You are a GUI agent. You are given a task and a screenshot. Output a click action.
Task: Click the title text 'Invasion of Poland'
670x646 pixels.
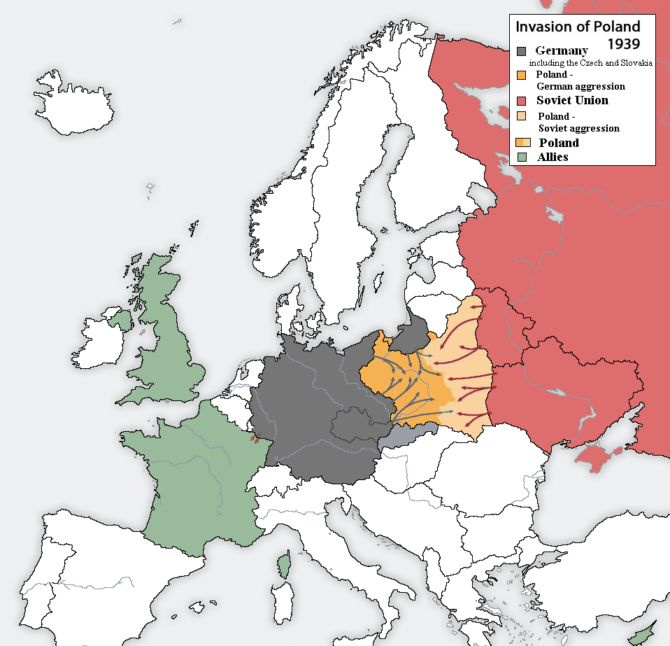point(577,27)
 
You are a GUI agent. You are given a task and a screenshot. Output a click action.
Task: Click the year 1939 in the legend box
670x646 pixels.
point(623,44)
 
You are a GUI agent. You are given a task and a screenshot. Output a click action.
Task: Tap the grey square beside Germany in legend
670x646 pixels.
point(522,51)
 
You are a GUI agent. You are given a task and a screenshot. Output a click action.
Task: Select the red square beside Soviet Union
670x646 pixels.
point(522,101)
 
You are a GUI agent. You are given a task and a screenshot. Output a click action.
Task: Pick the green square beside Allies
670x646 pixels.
point(522,157)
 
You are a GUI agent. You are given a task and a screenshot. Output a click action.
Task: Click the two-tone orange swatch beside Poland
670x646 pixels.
point(522,143)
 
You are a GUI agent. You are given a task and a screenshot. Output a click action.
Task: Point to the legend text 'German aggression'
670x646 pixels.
point(580,86)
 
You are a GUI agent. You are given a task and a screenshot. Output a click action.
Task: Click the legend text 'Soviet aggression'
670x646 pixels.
point(578,128)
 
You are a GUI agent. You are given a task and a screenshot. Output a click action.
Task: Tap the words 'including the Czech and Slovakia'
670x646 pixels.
point(590,63)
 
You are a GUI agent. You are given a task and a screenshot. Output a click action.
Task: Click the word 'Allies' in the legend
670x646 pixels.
point(553,157)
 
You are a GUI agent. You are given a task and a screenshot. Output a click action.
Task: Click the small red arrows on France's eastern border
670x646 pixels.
point(255,441)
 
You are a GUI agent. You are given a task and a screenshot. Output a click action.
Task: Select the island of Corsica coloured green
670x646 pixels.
point(284,563)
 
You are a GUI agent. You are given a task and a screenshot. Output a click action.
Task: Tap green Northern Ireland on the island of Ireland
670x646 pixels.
point(120,320)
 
